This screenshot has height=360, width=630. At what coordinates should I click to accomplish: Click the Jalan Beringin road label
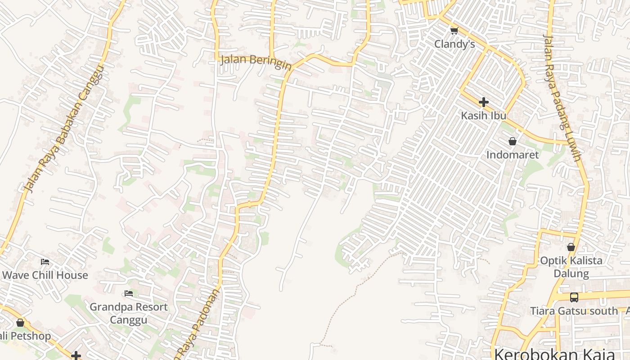256,62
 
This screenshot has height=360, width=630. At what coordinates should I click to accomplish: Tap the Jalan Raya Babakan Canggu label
64,130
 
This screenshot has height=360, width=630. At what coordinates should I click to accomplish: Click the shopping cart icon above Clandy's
454,31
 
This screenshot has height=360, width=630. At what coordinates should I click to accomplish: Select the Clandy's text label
454,44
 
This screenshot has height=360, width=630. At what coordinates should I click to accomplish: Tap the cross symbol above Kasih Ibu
484,102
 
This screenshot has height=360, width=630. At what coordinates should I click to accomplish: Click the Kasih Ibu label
484,116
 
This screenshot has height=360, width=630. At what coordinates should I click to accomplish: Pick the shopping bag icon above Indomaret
512,142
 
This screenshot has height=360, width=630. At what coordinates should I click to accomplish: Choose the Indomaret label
513,155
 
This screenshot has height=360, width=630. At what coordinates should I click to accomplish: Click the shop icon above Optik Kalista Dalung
571,247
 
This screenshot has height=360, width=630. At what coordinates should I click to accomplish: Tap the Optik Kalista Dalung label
571,267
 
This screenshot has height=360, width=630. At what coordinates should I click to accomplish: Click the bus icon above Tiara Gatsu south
574,297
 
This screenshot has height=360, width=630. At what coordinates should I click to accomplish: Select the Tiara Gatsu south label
574,311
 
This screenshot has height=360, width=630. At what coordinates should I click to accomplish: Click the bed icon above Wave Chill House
45,261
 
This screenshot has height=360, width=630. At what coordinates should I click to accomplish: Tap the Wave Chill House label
45,275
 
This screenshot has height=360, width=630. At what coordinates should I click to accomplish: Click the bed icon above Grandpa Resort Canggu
129,294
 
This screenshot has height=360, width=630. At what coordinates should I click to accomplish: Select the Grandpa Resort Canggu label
129,313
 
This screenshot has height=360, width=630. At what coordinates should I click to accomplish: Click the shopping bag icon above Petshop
20,323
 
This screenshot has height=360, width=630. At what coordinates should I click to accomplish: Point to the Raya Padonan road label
198,324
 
